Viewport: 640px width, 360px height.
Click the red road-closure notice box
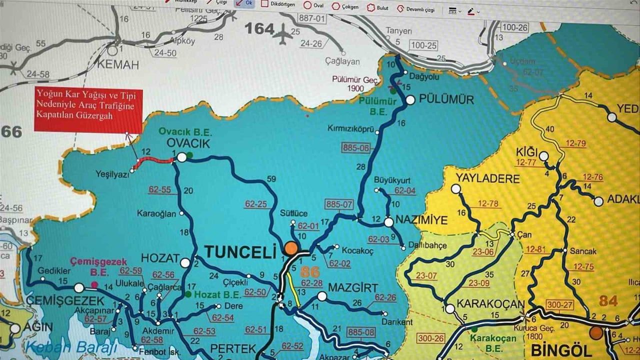pos(88,110)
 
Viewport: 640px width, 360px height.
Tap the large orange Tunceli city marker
pos(290,248)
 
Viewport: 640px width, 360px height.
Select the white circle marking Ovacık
pos(182,157)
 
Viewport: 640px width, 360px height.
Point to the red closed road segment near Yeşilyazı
pos(154,160)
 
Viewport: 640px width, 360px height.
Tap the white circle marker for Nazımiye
pos(388,221)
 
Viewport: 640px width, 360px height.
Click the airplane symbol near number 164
pos(284,34)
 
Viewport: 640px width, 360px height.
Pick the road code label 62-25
pos(256,204)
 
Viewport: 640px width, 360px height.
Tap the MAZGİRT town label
pos(352,287)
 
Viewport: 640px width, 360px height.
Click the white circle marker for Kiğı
pos(543,155)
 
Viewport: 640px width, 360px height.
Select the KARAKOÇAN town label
pos(490,304)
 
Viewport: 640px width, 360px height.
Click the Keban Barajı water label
pos(71,346)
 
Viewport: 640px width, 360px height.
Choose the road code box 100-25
pos(423,45)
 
